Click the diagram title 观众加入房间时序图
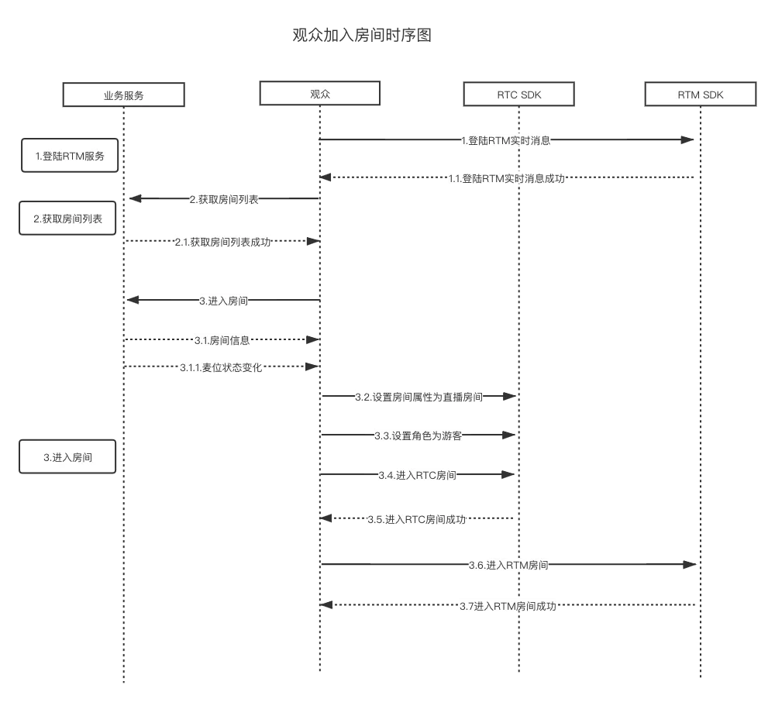(361, 36)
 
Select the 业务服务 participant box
(124, 95)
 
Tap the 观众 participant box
(320, 94)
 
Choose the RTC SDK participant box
(518, 95)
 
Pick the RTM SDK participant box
(700, 95)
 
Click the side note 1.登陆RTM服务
(70, 156)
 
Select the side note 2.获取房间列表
(67, 219)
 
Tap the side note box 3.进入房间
(67, 457)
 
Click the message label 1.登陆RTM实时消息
(505, 140)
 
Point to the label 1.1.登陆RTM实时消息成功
(506, 178)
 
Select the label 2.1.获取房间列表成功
(222, 242)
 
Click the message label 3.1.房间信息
(222, 340)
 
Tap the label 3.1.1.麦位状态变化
(221, 367)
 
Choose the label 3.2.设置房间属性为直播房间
(418, 397)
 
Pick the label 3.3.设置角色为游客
(418, 435)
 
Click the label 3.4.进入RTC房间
(418, 475)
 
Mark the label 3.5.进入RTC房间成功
(417, 519)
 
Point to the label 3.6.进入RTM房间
(508, 565)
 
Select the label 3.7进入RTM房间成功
(508, 606)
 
